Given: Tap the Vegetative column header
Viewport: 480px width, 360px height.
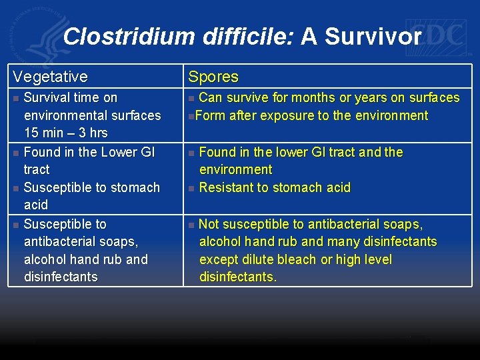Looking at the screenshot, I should click(50, 77).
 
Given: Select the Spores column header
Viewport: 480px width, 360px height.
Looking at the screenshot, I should click(213, 77).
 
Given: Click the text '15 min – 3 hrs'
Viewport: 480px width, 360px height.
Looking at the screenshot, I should click(65, 133).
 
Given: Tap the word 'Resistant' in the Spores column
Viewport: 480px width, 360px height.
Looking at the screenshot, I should click(227, 187).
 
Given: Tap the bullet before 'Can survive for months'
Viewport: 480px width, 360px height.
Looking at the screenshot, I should click(192, 99).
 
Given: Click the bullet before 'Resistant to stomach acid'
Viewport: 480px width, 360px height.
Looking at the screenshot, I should click(192, 189).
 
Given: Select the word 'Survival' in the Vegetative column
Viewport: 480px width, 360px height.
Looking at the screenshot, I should click(47, 98).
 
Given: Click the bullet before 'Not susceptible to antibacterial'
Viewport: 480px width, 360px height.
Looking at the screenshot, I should click(192, 225).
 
